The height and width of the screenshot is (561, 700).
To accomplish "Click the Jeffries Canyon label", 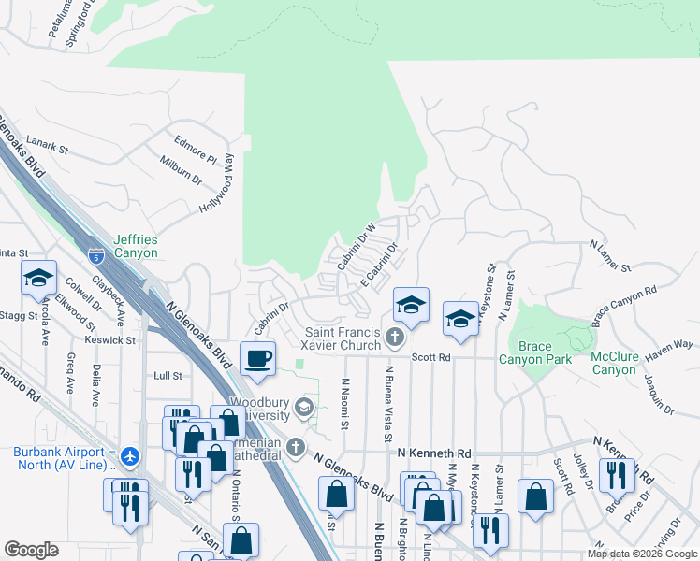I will pyautogui.click(x=136, y=247).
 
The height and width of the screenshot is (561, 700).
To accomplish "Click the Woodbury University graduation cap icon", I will pyautogui.click(x=303, y=407).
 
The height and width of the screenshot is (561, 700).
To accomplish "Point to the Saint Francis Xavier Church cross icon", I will pyautogui.click(x=395, y=336).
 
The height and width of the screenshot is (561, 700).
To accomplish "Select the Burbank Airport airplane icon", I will pyautogui.click(x=129, y=455).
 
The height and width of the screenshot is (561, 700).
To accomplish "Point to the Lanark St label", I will pyautogui.click(x=49, y=147).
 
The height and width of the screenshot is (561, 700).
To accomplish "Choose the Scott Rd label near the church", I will pyautogui.click(x=431, y=357).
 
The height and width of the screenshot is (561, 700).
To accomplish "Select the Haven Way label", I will pyautogui.click(x=670, y=346).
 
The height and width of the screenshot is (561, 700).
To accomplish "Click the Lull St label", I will pyautogui.click(x=167, y=375).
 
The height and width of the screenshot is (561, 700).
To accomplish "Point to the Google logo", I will pyautogui.click(x=32, y=550).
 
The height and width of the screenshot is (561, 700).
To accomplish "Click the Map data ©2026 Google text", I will pyautogui.click(x=641, y=554).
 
